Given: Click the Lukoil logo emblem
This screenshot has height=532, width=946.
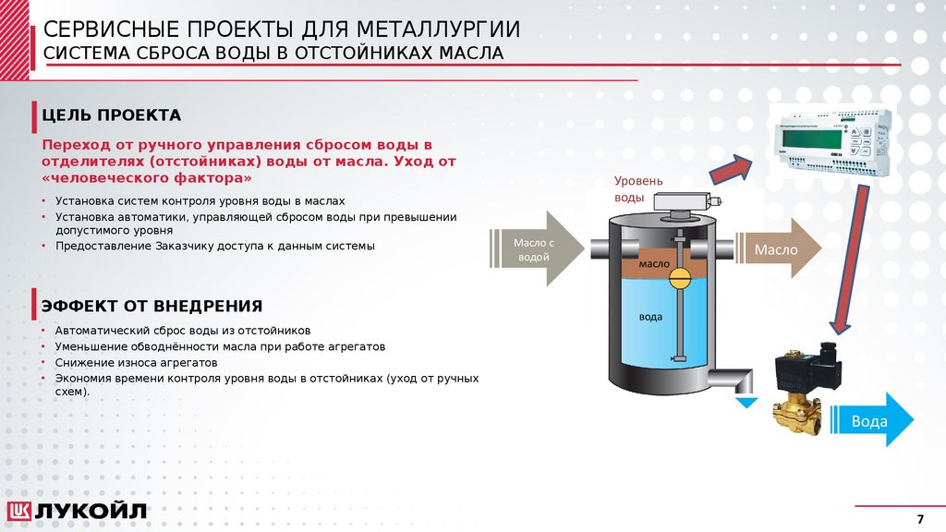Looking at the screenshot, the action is click(x=20, y=511).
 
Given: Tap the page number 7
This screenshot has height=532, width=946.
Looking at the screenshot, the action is click(x=919, y=517).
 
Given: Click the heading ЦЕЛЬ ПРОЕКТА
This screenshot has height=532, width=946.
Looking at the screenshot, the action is click(x=111, y=115).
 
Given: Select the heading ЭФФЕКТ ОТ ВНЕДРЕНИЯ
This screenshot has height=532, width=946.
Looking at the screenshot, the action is click(x=152, y=306).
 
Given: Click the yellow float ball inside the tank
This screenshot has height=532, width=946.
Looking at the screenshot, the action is click(x=679, y=277).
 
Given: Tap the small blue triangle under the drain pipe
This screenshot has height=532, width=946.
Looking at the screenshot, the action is click(x=746, y=402).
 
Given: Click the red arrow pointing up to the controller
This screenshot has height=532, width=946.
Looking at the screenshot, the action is click(x=731, y=169).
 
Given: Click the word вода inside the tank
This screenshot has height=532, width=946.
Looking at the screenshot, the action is click(x=650, y=317).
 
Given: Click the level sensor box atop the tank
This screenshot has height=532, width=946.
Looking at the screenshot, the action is click(x=685, y=201).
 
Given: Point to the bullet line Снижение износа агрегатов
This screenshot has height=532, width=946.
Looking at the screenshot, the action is click(x=136, y=362).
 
